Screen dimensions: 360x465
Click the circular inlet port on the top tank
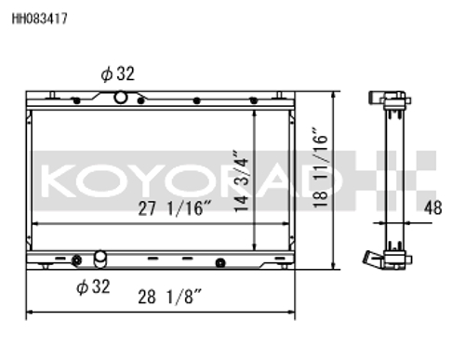tap(120, 98)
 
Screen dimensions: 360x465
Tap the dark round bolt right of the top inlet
tap(195, 100)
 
